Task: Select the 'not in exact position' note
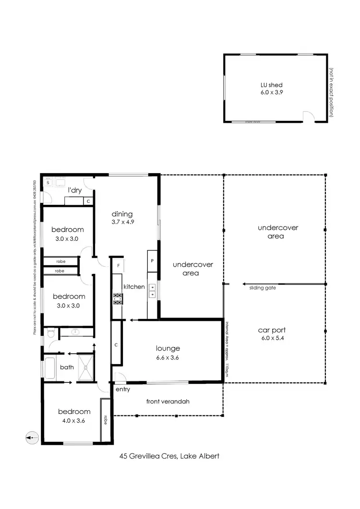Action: click(331, 92)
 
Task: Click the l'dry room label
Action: click(75, 190)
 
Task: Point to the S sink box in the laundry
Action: click(48, 183)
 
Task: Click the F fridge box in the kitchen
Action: click(118, 264)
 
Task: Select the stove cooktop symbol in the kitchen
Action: click(117, 299)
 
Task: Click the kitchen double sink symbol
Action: click(153, 291)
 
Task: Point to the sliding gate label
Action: click(262, 288)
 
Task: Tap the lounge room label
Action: click(168, 348)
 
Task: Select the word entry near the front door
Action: click(123, 389)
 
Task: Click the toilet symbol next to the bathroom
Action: click(50, 332)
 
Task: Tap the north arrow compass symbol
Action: click(31, 438)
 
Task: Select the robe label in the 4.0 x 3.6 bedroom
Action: click(105, 420)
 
